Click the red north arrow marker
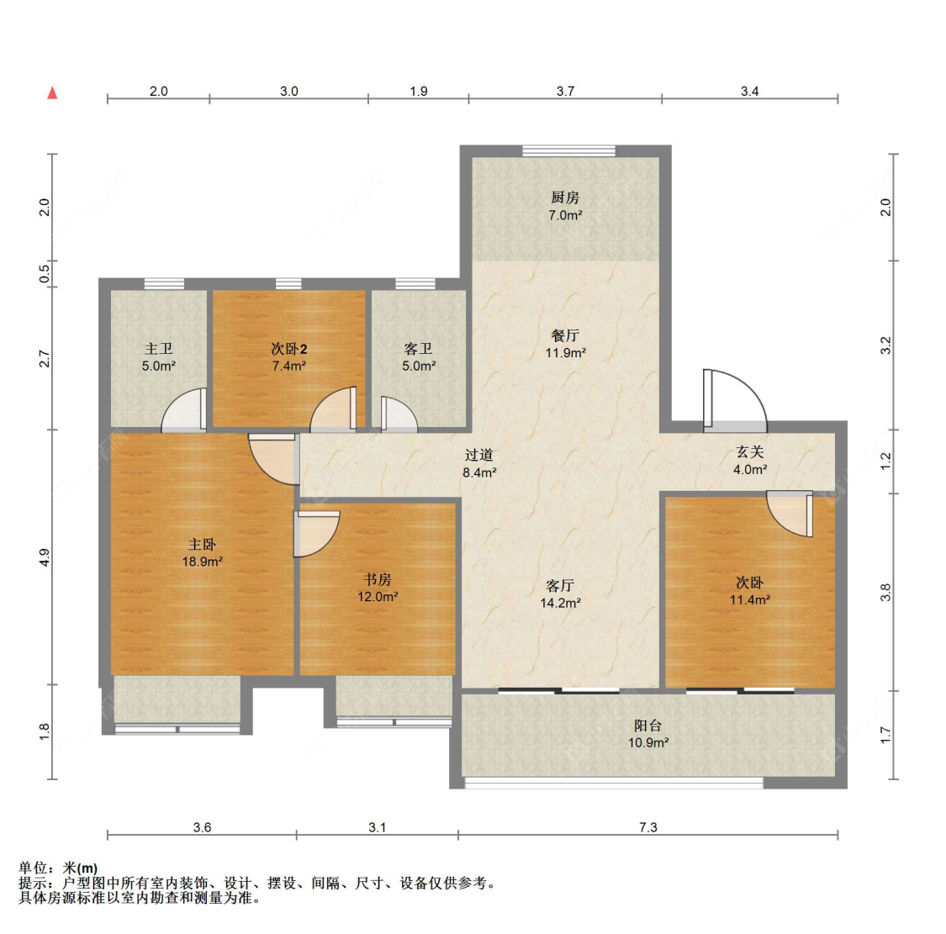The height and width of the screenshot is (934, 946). pyautogui.click(x=52, y=92)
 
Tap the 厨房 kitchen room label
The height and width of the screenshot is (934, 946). pyautogui.click(x=565, y=198)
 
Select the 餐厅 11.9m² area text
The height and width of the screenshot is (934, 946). pyautogui.click(x=565, y=353)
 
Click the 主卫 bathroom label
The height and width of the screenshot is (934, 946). pyautogui.click(x=158, y=348)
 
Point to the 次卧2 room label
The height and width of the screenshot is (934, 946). pyautogui.click(x=288, y=348)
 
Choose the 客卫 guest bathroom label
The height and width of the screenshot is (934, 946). pyautogui.click(x=418, y=348)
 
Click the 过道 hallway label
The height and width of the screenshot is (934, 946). pyautogui.click(x=479, y=455)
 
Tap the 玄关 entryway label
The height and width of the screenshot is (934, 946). pyautogui.click(x=749, y=452)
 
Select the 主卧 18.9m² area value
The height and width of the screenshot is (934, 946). pyautogui.click(x=202, y=562)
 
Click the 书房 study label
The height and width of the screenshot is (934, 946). pyautogui.click(x=378, y=579)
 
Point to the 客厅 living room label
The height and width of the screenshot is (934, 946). pyautogui.click(x=560, y=585)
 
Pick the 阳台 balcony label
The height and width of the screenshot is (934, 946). pyautogui.click(x=647, y=726)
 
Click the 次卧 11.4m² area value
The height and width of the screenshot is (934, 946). pyautogui.click(x=749, y=600)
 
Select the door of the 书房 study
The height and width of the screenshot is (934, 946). pyautogui.click(x=315, y=534)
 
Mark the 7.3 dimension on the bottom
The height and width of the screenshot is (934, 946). pyautogui.click(x=647, y=827)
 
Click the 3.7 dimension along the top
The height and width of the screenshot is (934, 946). pyautogui.click(x=565, y=91)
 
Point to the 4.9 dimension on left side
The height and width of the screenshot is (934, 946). pyautogui.click(x=45, y=557)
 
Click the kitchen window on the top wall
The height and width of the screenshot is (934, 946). pyautogui.click(x=568, y=151)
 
